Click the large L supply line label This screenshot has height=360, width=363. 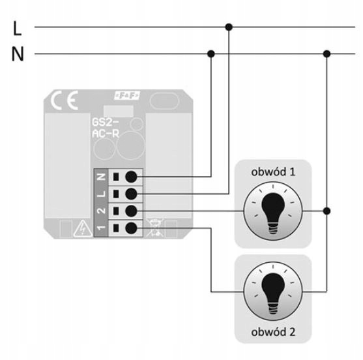(18, 28)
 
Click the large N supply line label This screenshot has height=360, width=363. (18, 54)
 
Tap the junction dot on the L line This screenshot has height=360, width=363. (229, 27)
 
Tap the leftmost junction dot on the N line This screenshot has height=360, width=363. (211, 53)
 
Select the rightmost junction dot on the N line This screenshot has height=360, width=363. (327, 53)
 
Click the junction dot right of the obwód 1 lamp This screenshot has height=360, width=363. (327, 211)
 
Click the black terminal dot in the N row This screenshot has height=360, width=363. (131, 177)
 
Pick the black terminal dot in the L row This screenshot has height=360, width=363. (131, 194)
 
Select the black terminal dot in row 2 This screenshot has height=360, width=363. (131, 211)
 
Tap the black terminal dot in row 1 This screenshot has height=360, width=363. (131, 228)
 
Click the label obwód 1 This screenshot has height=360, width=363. (273, 172)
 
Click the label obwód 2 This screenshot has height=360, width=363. (273, 332)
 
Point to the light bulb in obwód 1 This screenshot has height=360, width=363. (273, 211)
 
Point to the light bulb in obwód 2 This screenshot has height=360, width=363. (273, 292)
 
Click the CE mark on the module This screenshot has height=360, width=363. (65, 100)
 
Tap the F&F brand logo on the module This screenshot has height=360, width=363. (127, 95)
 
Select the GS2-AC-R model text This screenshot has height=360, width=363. (106, 128)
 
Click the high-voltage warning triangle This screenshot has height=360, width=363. (83, 229)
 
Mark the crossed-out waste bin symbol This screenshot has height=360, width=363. (155, 228)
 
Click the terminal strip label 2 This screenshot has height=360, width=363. (101, 211)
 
